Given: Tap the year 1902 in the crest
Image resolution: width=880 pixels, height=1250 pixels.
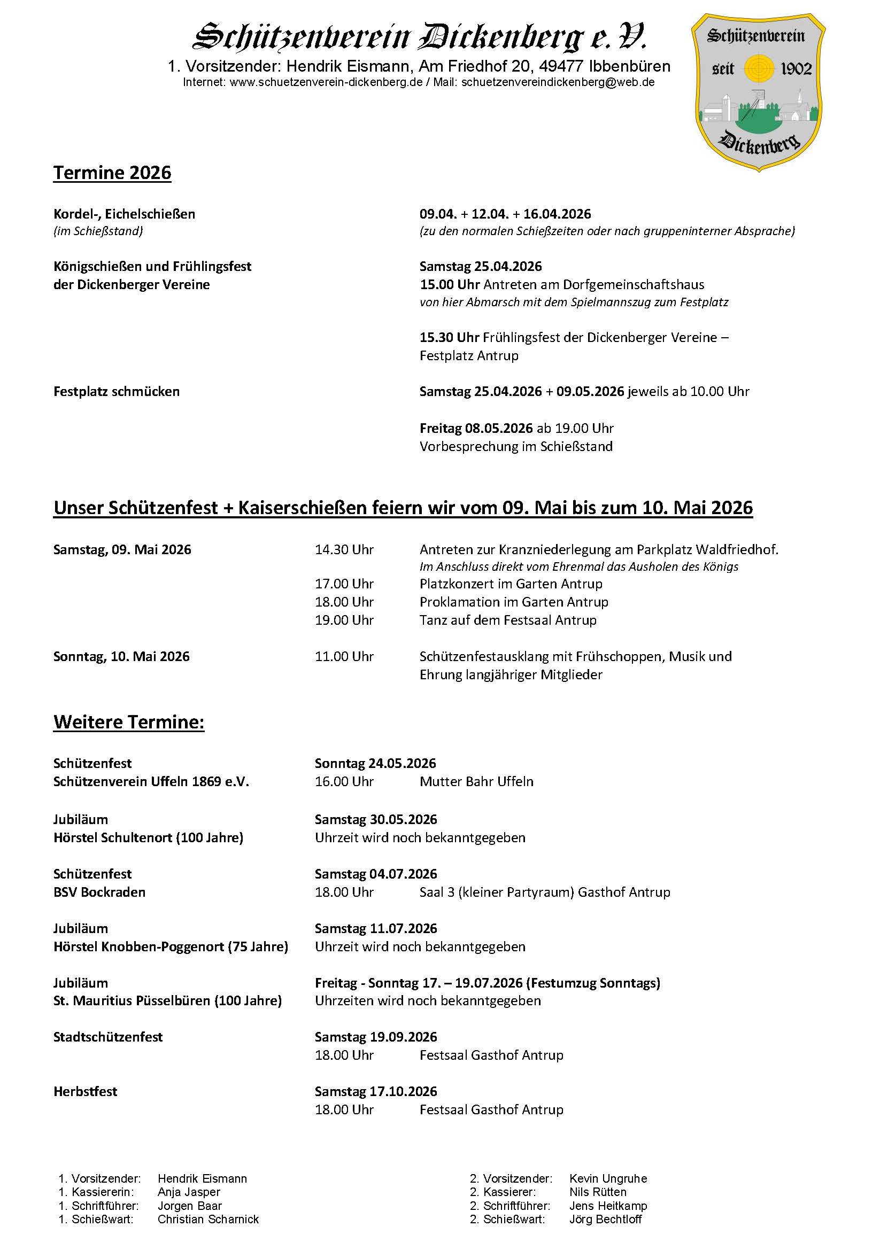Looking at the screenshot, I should point(796,69).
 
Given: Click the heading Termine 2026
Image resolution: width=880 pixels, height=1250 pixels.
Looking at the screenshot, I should point(112,173).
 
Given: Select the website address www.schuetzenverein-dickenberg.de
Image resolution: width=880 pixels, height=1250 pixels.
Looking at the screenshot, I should point(326,82).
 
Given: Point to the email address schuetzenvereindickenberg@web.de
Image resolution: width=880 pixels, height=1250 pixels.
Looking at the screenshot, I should point(558,82).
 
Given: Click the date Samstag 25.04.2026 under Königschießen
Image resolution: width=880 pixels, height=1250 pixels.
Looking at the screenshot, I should point(480,266).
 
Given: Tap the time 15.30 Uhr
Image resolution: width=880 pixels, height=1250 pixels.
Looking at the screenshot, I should point(449,337).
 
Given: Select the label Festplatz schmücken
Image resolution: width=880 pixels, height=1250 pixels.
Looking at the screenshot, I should point(116,391).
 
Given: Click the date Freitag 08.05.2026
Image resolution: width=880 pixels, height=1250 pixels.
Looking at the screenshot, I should point(476,428).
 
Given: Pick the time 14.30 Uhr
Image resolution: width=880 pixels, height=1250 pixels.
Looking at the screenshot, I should point(344,549).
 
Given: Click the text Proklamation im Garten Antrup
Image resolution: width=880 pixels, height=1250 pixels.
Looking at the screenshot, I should point(514,602).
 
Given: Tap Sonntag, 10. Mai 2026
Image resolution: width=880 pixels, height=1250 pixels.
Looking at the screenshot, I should point(121,656).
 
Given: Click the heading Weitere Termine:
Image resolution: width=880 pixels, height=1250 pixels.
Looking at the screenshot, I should point(128,722).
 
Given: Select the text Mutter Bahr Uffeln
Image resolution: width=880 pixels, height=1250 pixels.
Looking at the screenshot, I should point(476,781).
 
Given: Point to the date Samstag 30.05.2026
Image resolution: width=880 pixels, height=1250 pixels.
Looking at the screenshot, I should point(376,819).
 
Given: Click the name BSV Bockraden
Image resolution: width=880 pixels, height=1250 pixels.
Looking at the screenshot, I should point(99,892).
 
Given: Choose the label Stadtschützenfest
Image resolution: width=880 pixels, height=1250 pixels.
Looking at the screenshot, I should point(108,1037).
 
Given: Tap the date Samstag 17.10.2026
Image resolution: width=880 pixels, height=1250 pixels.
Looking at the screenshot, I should point(376,1091).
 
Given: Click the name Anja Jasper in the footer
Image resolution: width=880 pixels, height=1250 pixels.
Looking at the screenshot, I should point(188,1192).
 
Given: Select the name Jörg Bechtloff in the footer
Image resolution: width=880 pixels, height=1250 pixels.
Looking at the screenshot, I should point(605,1219).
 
